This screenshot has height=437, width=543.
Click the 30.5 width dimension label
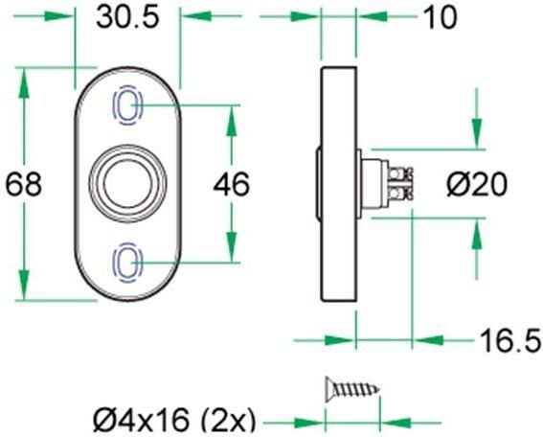[x=127, y=17]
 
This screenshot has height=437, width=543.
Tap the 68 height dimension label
[x=24, y=184]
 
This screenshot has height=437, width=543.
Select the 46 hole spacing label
[x=231, y=184]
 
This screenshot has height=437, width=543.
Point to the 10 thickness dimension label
[x=440, y=17]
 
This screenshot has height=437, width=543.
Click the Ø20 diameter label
[x=477, y=185]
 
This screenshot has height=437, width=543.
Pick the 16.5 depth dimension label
[x=510, y=340]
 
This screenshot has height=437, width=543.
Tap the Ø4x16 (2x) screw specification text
[x=174, y=420]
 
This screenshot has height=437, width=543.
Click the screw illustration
[x=352, y=389]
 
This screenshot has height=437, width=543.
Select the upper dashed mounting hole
[x=128, y=105]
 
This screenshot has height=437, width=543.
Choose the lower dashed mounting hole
[x=128, y=263]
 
